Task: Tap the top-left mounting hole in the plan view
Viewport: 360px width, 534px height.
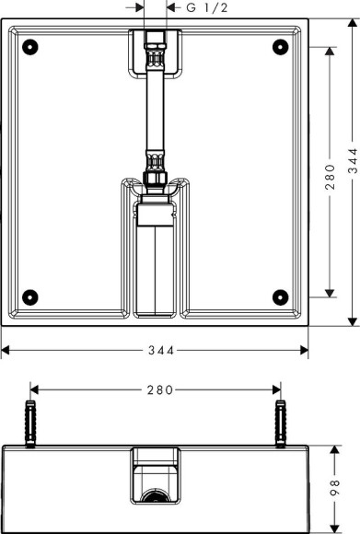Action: pyautogui.click(x=30, y=46)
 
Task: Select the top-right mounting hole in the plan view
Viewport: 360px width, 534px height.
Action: pyautogui.click(x=281, y=46)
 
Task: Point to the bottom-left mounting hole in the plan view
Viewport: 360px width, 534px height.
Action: pyautogui.click(x=30, y=296)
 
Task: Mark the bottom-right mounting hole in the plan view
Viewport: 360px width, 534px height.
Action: pyautogui.click(x=281, y=296)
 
